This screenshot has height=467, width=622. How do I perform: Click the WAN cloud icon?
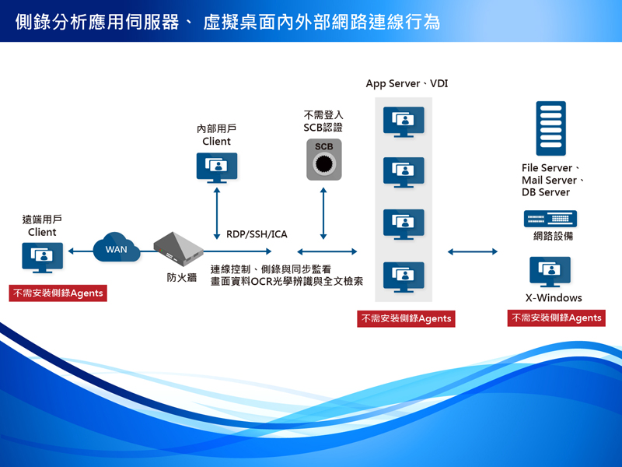(116, 248)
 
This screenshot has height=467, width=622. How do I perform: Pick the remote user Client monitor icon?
(42, 258)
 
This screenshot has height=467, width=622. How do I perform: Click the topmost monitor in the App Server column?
(404, 121)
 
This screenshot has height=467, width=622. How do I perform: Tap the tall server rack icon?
(550, 129)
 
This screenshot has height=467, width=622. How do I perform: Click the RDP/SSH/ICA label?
(257, 234)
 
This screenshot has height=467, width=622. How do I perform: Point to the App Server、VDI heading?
(407, 83)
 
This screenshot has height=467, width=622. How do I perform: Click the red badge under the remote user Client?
(58, 293)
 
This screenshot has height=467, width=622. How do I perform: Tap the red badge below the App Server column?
(406, 318)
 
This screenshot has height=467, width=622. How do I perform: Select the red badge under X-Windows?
(556, 318)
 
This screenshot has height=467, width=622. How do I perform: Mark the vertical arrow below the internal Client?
(217, 212)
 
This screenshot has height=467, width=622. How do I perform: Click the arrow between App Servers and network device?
(473, 251)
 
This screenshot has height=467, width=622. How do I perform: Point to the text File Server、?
(552, 168)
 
